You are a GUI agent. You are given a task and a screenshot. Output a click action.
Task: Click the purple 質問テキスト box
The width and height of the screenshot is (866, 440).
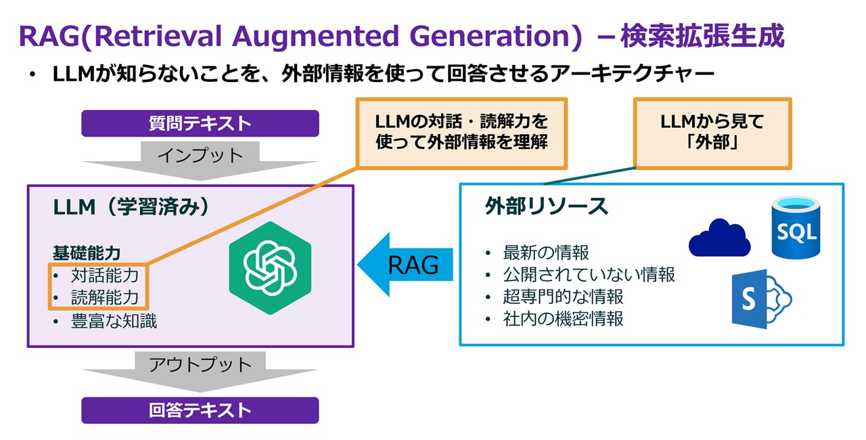pyautogui.click(x=200, y=123)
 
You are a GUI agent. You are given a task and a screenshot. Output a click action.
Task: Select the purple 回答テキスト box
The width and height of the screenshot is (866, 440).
pyautogui.click(x=200, y=410)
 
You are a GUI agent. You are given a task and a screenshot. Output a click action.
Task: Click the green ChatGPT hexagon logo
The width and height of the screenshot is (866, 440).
pyautogui.click(x=270, y=268)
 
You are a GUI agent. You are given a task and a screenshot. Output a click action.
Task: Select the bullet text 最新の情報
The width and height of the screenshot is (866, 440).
pyautogui.click(x=546, y=252)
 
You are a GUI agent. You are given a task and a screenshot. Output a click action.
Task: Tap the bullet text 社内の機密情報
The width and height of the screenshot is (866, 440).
pyautogui.click(x=563, y=318)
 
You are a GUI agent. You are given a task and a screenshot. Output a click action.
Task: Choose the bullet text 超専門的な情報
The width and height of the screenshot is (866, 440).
pyautogui.click(x=563, y=296)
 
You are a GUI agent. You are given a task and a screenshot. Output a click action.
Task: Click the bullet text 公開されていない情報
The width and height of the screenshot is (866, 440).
pyautogui.click(x=589, y=274)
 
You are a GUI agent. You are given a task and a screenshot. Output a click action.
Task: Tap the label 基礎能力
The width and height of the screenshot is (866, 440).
pyautogui.click(x=87, y=252)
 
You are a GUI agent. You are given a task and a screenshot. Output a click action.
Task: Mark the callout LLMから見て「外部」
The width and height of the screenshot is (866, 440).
pyautogui.click(x=711, y=133)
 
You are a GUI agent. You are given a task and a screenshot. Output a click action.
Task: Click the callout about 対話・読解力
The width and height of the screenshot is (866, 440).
pyautogui.click(x=461, y=133)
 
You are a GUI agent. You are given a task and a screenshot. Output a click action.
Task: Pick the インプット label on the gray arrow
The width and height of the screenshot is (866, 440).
pyautogui.click(x=200, y=155)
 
